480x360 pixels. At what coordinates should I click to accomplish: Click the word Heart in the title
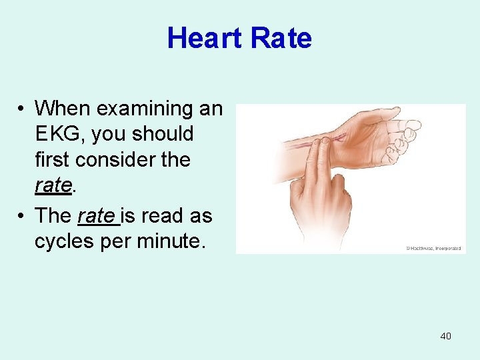[x=204, y=38]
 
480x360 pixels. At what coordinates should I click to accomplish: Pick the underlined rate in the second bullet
[x=95, y=215]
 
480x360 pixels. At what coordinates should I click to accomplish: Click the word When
[x=62, y=108]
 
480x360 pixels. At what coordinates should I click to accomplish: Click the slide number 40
[x=445, y=336]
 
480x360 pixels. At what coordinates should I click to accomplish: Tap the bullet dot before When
[x=22, y=109]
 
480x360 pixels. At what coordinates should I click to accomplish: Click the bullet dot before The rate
[x=22, y=216]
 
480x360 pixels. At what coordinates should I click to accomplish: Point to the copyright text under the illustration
[x=433, y=248]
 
